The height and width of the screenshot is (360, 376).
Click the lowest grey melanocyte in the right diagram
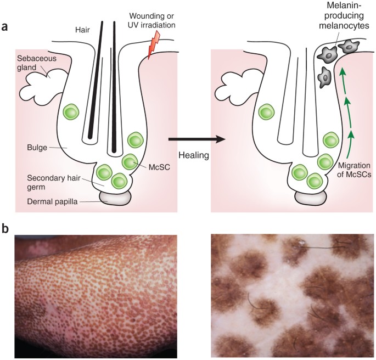(327, 77)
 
